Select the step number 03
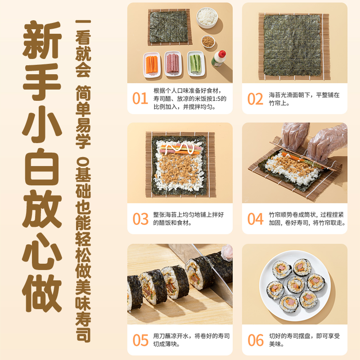(140, 219)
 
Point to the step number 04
(255, 219)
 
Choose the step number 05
(140, 340)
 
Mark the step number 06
(255, 340)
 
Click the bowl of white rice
(207, 17)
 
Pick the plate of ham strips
(173, 63)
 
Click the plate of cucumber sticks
(195, 63)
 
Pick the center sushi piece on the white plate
(295, 284)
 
